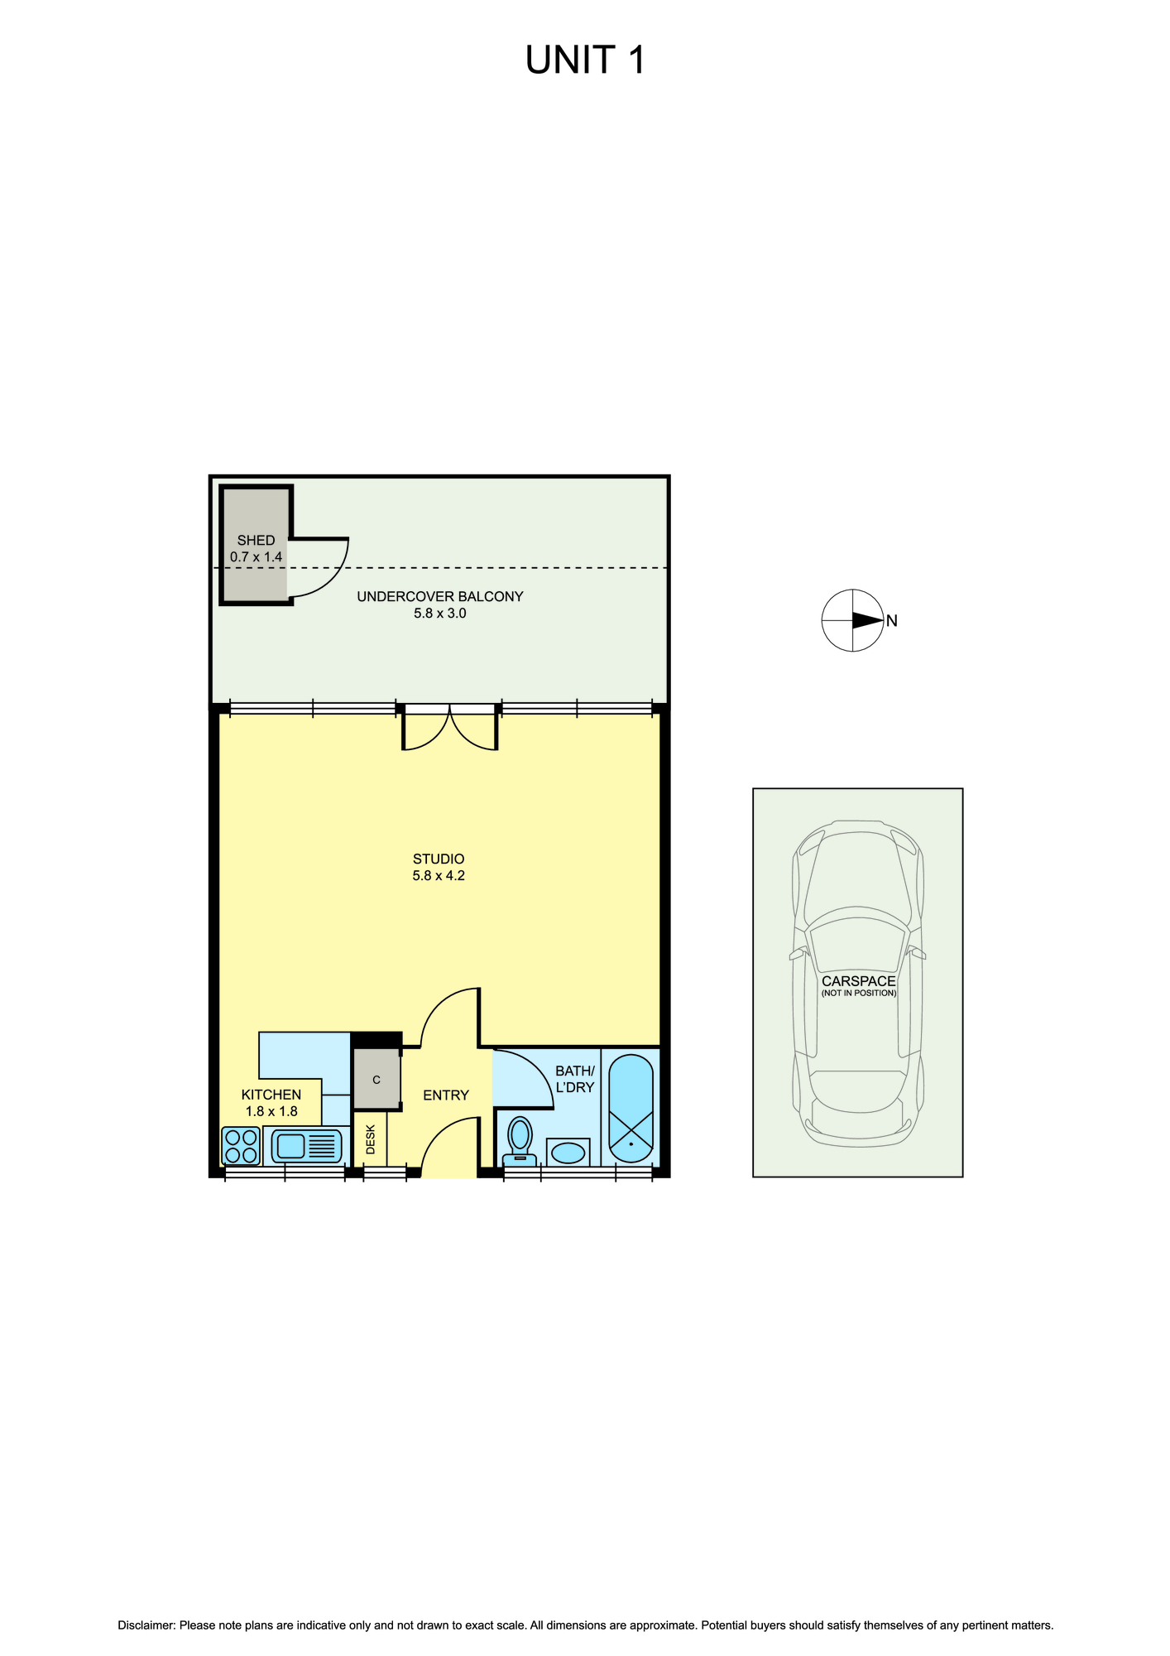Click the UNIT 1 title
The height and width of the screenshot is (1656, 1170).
tap(585, 60)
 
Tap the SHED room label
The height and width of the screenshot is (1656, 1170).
tap(256, 540)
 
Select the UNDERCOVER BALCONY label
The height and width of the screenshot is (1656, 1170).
tap(440, 596)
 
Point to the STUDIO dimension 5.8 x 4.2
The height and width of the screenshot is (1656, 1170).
tap(439, 875)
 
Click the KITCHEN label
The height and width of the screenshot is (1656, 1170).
tap(271, 1095)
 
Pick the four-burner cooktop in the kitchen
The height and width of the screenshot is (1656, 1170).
tap(241, 1147)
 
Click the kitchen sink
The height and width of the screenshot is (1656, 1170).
tap(306, 1146)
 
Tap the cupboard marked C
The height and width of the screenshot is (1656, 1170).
tap(376, 1080)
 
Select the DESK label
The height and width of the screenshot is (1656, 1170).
tap(370, 1139)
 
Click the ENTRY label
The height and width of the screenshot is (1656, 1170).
tap(446, 1095)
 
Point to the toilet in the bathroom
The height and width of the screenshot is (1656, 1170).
tap(520, 1142)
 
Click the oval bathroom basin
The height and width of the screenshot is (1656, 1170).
tap(568, 1152)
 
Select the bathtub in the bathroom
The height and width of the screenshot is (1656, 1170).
tap(631, 1108)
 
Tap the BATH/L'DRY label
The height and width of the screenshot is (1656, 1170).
tap(575, 1079)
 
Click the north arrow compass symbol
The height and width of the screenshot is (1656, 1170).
tap(852, 620)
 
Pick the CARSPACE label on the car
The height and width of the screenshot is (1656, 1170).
tap(859, 981)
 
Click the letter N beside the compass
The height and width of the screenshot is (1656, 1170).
tap(892, 621)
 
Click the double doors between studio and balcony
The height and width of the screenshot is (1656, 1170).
tap(449, 729)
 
